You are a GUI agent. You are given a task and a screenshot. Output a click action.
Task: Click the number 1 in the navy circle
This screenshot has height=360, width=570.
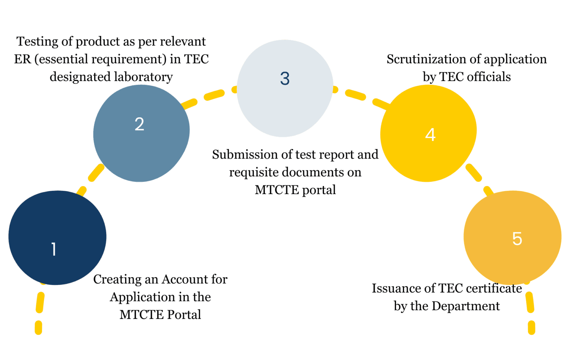(x=54, y=249)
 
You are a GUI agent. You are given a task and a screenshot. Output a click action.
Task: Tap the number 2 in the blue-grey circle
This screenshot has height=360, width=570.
(x=139, y=124)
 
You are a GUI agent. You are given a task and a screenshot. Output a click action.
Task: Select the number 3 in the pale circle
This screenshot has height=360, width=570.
(x=285, y=78)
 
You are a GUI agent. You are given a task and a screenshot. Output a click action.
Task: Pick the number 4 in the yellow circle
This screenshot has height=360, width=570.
(x=430, y=135)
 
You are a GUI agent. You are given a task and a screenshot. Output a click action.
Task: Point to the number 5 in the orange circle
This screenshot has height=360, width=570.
(x=517, y=239)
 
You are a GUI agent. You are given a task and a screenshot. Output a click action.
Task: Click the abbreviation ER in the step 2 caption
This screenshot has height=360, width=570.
(x=22, y=59)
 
